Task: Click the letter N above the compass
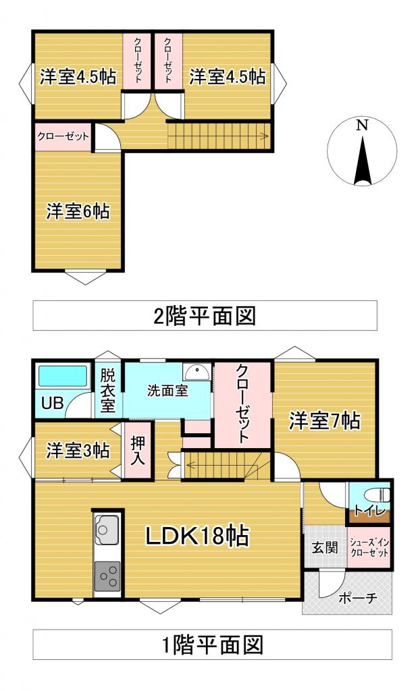point(362,125)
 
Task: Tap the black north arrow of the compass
point(363,162)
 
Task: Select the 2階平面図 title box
point(205,315)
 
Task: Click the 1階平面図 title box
point(212,644)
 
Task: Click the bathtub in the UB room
point(62,376)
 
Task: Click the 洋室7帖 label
point(324,422)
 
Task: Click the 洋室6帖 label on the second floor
point(77,211)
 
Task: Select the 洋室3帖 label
point(77,450)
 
